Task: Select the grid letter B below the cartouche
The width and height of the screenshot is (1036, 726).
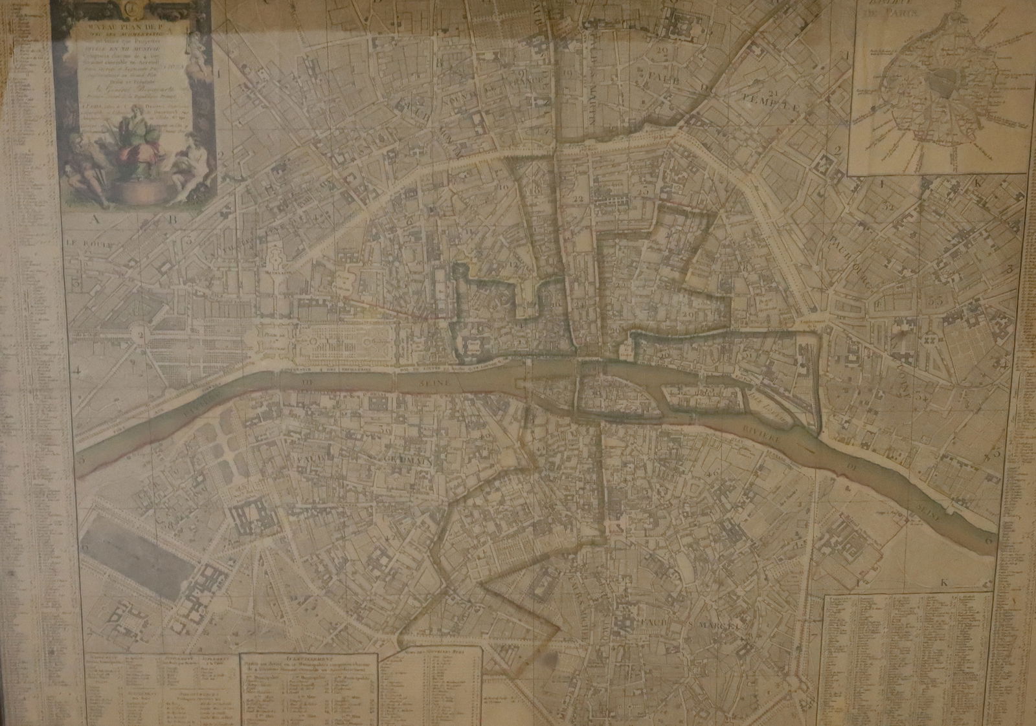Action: (x=172, y=219)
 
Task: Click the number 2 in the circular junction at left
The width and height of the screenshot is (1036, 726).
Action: (x=139, y=335)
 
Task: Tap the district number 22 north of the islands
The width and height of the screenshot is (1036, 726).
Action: (x=578, y=198)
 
